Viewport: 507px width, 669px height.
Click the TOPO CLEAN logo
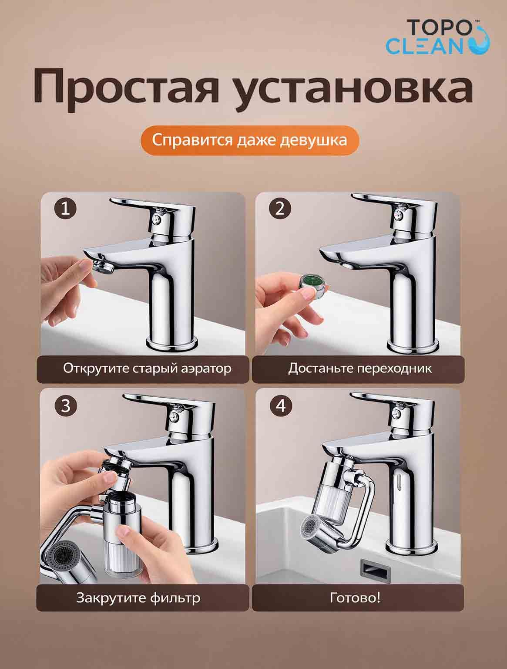click(438, 37)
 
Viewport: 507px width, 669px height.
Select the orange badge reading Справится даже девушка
click(250, 141)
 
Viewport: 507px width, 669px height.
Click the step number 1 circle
click(65, 209)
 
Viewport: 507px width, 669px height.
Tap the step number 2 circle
click(280, 209)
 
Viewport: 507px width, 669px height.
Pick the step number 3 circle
click(65, 406)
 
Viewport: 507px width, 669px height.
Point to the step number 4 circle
click(281, 406)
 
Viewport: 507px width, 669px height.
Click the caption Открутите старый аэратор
click(147, 368)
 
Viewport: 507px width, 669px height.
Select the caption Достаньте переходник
click(360, 368)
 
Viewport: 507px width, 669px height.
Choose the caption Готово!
click(355, 598)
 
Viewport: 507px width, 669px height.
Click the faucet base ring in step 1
click(172, 344)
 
